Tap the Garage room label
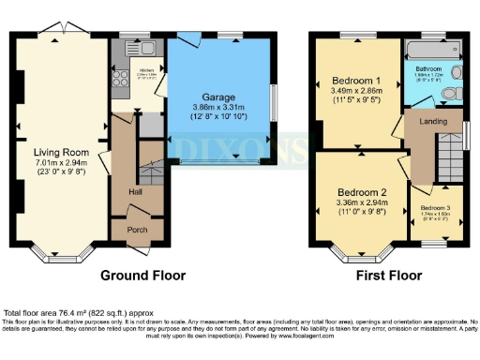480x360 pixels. click(x=217, y=97)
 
